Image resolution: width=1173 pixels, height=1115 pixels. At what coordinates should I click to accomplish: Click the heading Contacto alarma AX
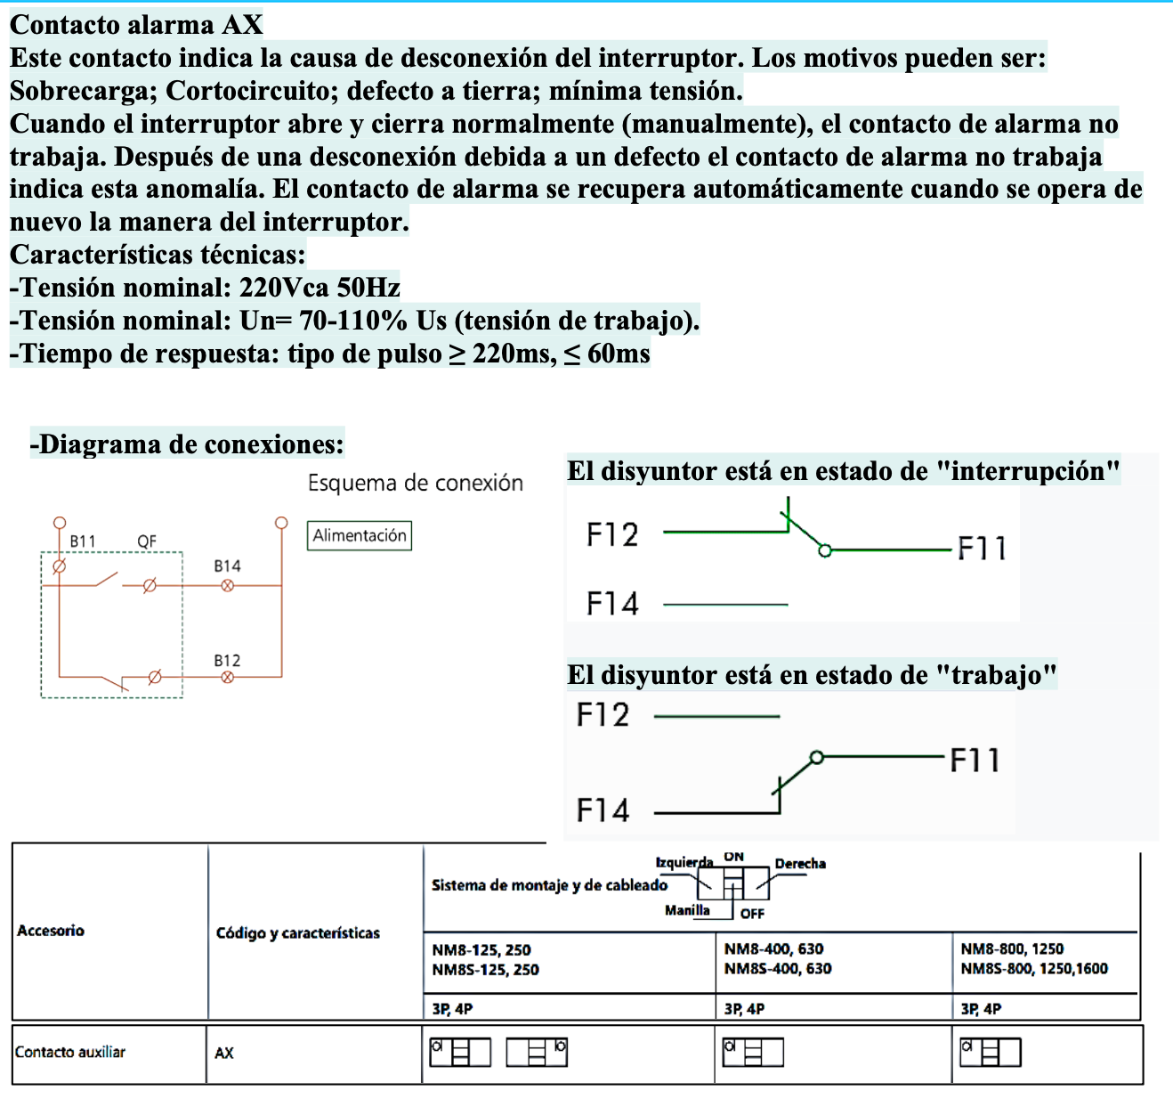coord(136,24)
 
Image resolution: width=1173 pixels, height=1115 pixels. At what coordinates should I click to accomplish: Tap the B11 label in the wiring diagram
coord(83,541)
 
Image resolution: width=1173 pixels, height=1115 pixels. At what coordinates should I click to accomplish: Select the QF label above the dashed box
coord(147,541)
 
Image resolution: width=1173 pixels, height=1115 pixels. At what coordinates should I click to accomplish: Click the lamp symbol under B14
coord(227,585)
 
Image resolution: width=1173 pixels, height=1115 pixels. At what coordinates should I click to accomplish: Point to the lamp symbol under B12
coord(227,677)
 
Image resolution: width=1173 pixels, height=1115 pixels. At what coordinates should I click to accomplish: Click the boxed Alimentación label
coord(360,535)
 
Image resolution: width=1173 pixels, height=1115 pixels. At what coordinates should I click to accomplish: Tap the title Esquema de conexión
coord(415,483)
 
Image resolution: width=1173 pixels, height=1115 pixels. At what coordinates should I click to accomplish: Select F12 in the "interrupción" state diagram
coord(612,534)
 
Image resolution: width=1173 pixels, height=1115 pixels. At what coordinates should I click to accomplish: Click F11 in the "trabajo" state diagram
coord(975,761)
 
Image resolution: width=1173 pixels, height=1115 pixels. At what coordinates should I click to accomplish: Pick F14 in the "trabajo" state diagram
coord(603,810)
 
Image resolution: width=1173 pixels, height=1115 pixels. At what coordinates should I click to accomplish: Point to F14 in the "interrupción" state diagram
coord(612,604)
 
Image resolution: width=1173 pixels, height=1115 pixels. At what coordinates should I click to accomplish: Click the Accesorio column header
coord(51,931)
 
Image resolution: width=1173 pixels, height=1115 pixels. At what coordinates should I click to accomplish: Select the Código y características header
coord(297,932)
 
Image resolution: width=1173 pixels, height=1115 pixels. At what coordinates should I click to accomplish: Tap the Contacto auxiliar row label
coord(70,1052)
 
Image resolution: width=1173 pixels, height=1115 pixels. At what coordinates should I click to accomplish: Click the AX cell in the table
coord(224,1053)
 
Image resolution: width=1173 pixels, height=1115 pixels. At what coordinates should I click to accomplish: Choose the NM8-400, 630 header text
coord(773,949)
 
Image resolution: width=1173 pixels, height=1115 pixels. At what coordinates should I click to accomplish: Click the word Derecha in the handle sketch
coord(800,863)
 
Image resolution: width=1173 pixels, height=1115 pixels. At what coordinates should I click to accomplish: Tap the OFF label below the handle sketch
coord(752,913)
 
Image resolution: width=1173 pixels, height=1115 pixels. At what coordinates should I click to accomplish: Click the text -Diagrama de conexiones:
coord(187,444)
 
